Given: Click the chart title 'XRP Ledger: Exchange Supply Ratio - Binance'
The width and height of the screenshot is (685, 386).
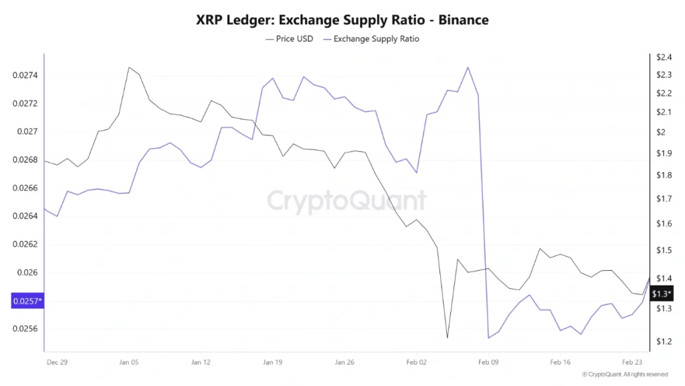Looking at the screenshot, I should pos(342,20).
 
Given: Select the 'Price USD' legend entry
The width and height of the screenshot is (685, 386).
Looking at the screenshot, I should pos(290,39).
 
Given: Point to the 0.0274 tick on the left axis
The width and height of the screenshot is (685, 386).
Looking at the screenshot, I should pos(25,75).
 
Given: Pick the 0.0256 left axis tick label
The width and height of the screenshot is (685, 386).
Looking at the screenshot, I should pos(25,329).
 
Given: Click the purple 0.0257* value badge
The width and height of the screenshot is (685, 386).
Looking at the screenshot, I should pos(27,301).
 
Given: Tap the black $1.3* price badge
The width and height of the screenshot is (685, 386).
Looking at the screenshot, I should pos(662,294).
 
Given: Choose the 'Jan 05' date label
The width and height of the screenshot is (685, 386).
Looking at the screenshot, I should pos(128,361).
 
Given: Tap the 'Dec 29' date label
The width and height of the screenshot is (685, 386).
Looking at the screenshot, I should pos(57,361).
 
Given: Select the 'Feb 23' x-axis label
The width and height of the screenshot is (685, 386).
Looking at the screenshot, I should pos(633,361).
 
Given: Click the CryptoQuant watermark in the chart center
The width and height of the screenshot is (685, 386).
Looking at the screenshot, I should pos(347,200).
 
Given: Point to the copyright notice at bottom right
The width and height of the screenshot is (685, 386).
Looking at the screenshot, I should pos(625,374).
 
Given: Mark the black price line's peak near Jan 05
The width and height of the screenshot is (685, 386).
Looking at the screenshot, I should pos(128,67).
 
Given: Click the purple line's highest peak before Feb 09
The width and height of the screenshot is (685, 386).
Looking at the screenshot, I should pos(468,67).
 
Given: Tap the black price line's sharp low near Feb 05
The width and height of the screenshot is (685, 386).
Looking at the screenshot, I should pos(447,338).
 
